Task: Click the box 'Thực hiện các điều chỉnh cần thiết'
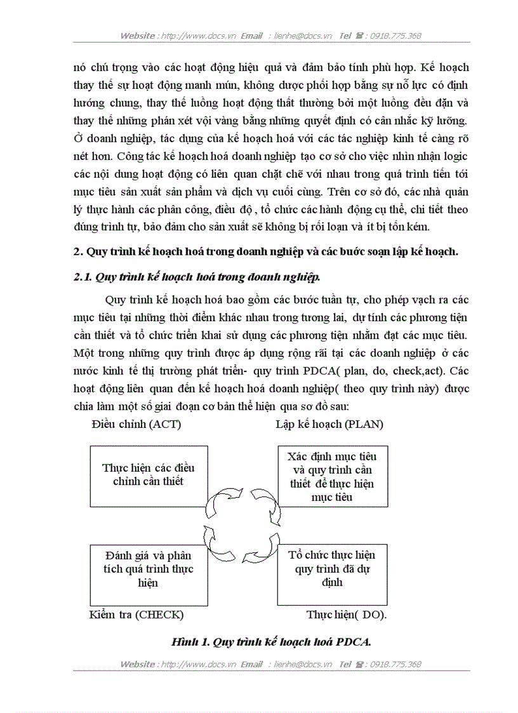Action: tap(149, 474)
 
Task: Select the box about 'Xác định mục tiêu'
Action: tap(332, 476)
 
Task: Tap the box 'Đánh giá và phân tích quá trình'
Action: tap(149, 569)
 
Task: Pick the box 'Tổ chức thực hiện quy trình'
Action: tap(332, 569)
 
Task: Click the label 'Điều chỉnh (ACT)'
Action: tap(136, 424)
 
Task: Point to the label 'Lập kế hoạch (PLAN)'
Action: tap(329, 424)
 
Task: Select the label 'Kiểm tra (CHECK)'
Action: tap(136, 615)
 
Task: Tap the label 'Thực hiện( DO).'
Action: tap(347, 615)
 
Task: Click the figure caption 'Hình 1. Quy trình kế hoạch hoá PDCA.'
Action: tap(271, 642)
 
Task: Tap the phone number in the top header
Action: tap(395, 36)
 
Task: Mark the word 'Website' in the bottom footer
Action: tap(138, 664)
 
